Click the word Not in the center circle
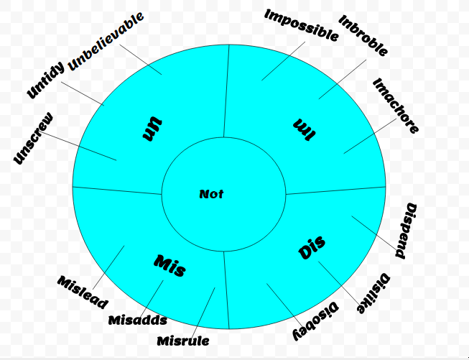pos(212,194)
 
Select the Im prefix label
pos(304,130)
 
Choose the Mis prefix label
pos(170,266)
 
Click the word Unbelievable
pos(106,41)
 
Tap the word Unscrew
pos(33,139)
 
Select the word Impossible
pos(301,25)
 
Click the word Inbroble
pos(363,36)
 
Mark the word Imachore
pos(396,106)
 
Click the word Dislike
pos(374,294)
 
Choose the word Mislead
pos(83,291)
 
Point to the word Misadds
pos(138,320)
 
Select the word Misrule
pos(183,339)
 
